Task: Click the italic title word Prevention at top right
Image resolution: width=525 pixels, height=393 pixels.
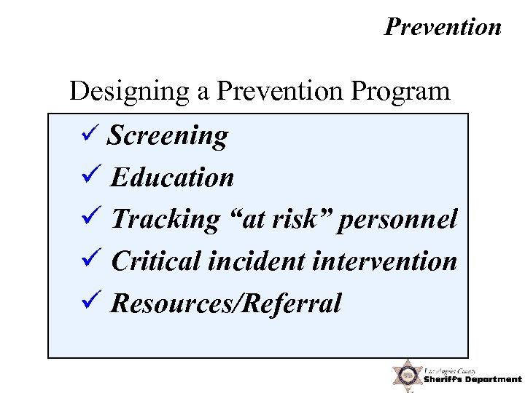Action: click(x=443, y=27)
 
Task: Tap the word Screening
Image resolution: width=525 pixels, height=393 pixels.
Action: click(x=168, y=135)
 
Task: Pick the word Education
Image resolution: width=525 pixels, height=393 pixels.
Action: click(x=172, y=178)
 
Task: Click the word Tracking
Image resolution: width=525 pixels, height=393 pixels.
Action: click(x=165, y=219)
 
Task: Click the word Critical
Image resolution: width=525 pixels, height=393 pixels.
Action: click(x=156, y=261)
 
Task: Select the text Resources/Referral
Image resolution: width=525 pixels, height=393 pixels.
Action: click(x=225, y=303)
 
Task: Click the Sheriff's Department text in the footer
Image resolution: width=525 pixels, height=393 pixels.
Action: click(x=472, y=379)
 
